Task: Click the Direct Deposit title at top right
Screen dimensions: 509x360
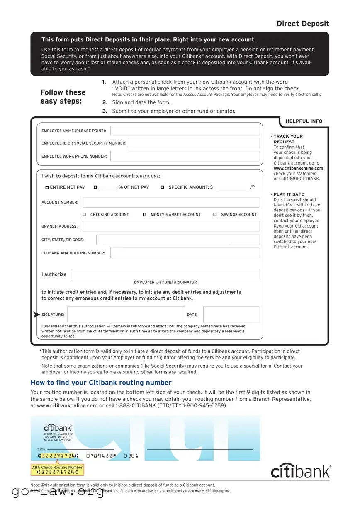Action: click(x=303, y=24)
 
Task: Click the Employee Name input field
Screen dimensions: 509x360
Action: click(x=185, y=131)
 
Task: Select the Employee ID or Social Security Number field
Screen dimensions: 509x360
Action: click(x=194, y=143)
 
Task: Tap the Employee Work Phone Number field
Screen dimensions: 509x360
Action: click(x=185, y=156)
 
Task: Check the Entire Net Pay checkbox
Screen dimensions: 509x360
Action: click(x=47, y=187)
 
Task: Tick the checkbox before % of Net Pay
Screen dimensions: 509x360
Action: click(x=95, y=187)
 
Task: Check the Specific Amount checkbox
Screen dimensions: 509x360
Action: click(x=162, y=187)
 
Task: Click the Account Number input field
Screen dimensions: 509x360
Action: click(x=170, y=202)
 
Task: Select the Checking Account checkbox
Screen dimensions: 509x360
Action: click(x=84, y=215)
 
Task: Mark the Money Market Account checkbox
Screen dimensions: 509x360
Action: click(x=144, y=215)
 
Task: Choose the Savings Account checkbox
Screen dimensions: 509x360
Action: click(x=215, y=215)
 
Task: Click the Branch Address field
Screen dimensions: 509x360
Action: click(x=170, y=226)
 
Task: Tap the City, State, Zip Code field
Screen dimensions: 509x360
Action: click(x=178, y=240)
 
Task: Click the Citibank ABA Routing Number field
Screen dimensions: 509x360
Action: click(x=185, y=253)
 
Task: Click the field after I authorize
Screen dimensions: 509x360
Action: click(x=165, y=274)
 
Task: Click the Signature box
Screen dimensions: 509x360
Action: click(x=126, y=315)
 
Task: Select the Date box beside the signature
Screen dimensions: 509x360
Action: click(x=231, y=315)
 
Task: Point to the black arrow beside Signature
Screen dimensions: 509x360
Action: click(x=36, y=315)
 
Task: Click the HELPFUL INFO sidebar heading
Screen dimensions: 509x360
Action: click(x=304, y=121)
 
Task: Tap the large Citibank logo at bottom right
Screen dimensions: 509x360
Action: click(x=301, y=471)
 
